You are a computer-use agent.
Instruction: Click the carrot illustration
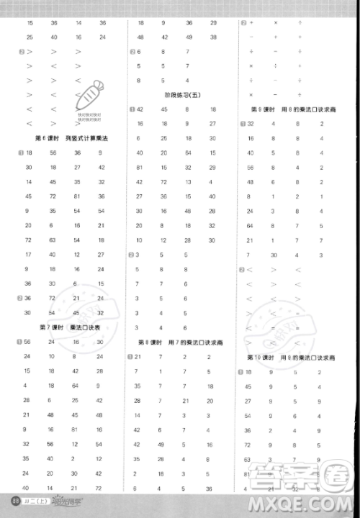89,95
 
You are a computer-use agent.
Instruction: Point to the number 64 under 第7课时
75,386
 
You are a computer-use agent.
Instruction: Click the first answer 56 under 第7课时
27,342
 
